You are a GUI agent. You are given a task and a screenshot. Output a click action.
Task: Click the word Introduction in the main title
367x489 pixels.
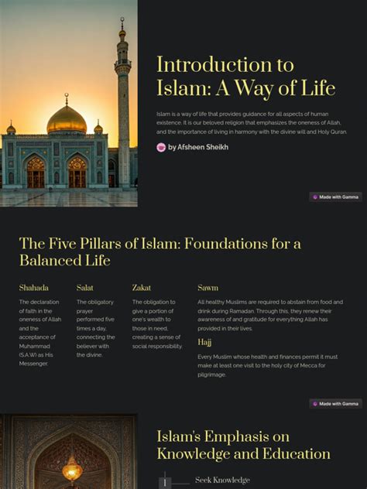click(203, 65)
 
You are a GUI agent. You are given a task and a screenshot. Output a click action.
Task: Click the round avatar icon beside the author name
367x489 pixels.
click(161, 147)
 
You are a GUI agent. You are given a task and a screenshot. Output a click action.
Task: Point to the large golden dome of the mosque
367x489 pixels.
click(67, 120)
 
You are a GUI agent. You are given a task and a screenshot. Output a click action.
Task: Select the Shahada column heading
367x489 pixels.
click(34, 288)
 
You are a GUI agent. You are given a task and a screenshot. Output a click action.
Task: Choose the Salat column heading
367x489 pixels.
click(85, 288)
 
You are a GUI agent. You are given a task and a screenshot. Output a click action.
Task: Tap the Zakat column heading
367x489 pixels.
click(142, 288)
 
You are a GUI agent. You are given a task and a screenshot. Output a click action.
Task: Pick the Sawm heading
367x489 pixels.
click(208, 288)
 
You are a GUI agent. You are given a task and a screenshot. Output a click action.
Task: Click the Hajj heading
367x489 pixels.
click(204, 342)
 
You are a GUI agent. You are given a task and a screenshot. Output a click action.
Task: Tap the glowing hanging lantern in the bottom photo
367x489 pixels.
click(72, 467)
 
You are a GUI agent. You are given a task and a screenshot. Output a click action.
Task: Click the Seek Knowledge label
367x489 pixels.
click(222, 480)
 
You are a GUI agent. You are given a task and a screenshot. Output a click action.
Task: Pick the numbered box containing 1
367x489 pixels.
click(164, 483)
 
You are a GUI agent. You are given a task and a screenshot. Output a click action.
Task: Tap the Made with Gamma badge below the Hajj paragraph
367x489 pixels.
click(336, 404)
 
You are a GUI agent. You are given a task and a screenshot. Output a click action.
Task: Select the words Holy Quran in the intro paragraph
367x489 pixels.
click(330, 132)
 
